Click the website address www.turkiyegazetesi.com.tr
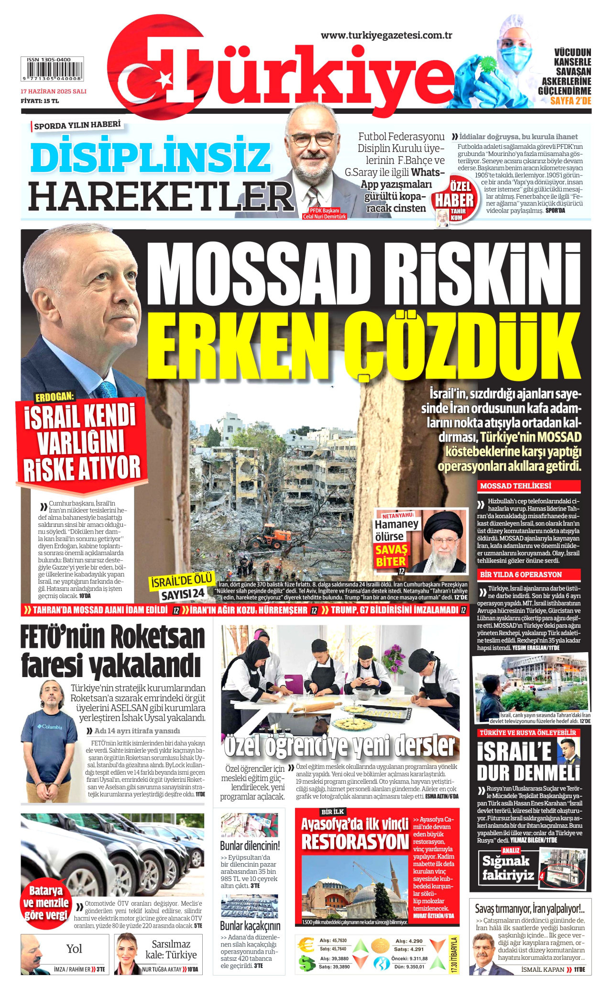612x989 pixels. coord(386,35)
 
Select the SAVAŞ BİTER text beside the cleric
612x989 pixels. coord(391,555)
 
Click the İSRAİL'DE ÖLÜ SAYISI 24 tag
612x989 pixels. coord(182,587)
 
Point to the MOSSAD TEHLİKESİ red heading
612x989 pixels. coord(515,486)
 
